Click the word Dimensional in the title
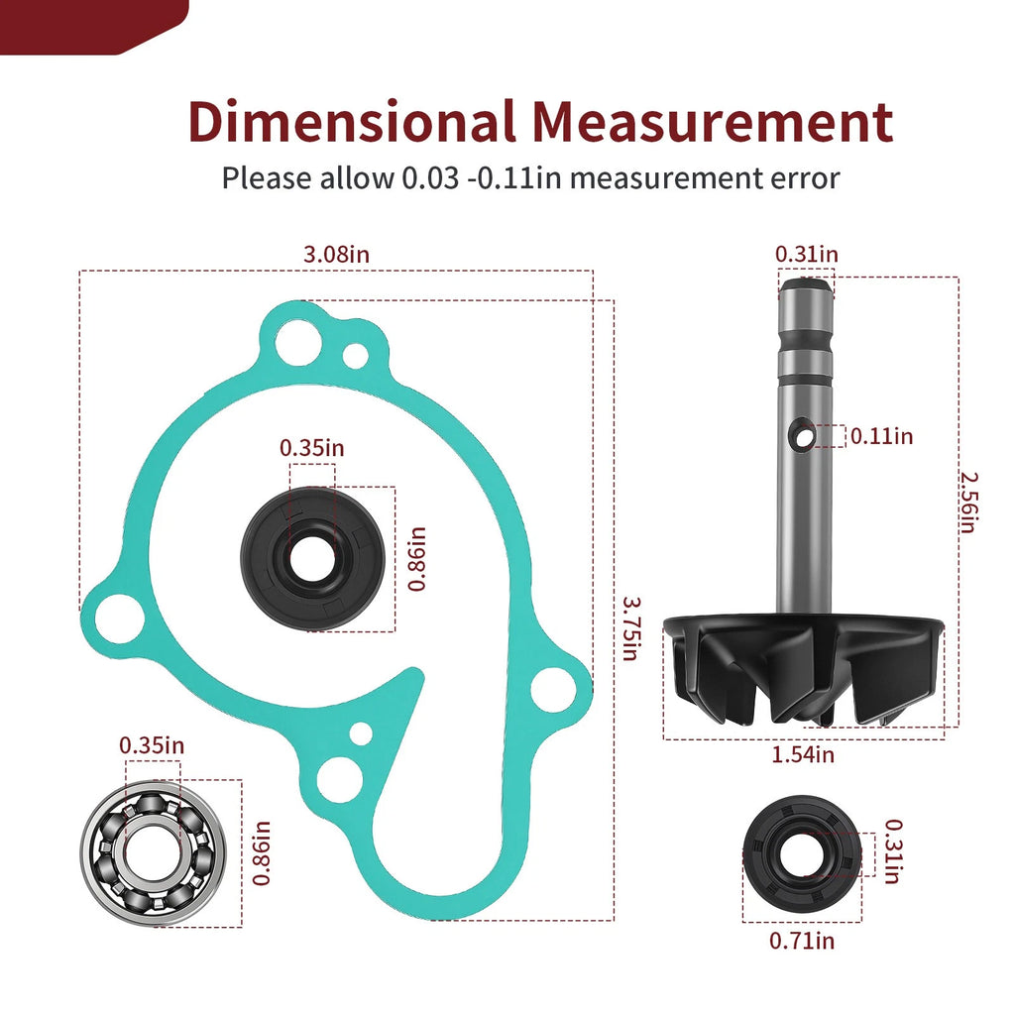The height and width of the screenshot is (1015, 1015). click(x=352, y=121)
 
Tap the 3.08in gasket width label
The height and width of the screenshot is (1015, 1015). click(x=337, y=254)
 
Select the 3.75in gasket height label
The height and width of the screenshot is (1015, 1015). click(x=630, y=627)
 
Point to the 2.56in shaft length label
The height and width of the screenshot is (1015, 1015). click(x=968, y=503)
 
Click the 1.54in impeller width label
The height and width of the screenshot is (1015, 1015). click(x=803, y=754)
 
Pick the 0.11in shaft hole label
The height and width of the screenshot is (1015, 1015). click(x=881, y=436)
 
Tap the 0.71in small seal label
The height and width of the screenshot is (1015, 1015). click(x=802, y=940)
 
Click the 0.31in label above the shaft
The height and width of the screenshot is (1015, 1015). click(x=807, y=254)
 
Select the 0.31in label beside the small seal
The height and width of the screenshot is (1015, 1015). click(x=893, y=851)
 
